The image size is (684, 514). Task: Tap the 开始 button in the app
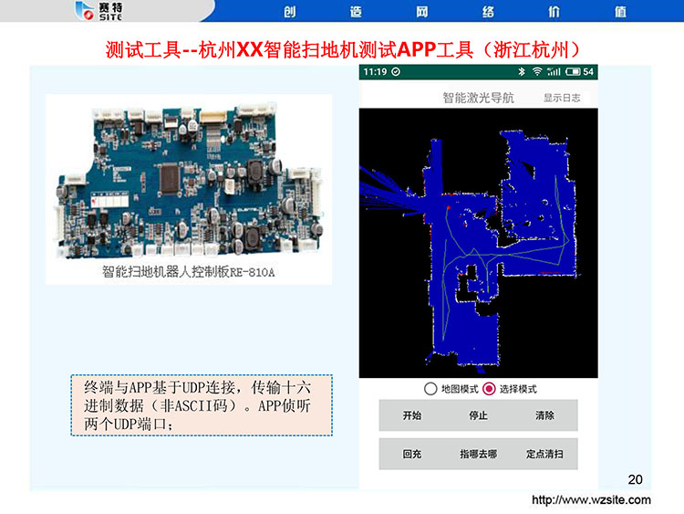point(412,415)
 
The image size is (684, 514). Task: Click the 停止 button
point(478,415)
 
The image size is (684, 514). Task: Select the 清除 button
point(544,415)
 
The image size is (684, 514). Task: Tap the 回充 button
point(412,454)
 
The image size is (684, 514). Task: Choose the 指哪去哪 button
point(478,454)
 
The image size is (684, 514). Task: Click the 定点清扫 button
point(544,454)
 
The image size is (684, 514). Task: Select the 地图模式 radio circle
point(430,389)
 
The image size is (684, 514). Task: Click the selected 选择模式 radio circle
point(489,389)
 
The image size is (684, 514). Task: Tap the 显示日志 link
point(562,98)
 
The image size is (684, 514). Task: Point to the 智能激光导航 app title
point(479,98)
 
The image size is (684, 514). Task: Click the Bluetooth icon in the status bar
point(522,71)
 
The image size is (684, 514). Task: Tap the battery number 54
point(588,71)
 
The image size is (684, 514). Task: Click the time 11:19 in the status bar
point(375,71)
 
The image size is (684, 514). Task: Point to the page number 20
point(635,479)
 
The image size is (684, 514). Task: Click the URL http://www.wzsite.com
point(591,500)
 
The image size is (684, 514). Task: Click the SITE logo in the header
point(99,11)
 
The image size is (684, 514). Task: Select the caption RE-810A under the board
point(252,272)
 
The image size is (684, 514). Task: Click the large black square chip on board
point(170,178)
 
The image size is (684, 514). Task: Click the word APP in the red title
point(416,50)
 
